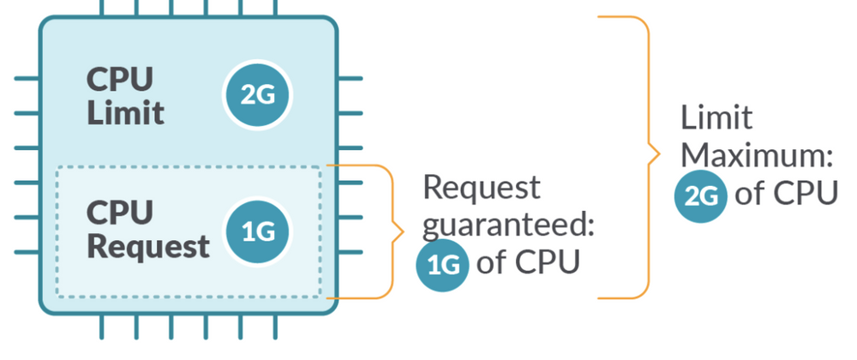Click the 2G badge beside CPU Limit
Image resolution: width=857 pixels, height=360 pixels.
click(257, 95)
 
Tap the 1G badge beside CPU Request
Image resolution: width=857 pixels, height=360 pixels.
click(257, 232)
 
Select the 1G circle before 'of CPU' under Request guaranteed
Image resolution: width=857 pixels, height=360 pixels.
click(443, 264)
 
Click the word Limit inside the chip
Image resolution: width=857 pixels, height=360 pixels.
click(125, 113)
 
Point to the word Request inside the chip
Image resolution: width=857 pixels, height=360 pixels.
click(148, 247)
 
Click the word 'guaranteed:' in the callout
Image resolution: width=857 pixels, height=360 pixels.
click(510, 225)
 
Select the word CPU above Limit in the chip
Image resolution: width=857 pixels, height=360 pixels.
click(120, 80)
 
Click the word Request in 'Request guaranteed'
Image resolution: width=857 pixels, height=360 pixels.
click(482, 187)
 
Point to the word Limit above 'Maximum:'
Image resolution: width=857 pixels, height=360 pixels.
click(716, 118)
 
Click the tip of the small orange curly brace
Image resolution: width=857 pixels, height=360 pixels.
click(400, 231)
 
